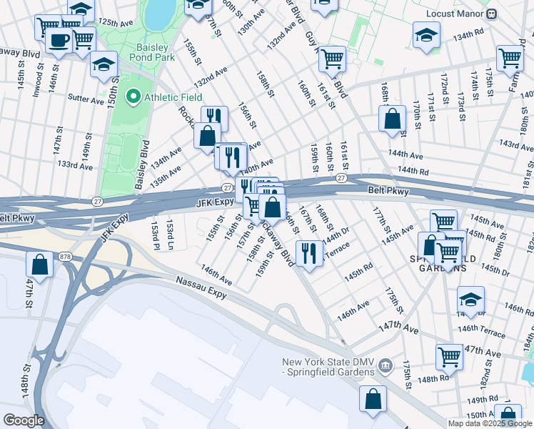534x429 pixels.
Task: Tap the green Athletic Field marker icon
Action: coord(133,97)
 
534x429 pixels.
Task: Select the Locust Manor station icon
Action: coord(491,14)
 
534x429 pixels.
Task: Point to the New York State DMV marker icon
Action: coord(386,367)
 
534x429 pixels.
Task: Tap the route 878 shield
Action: coord(65,256)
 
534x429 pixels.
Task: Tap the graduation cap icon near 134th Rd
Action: coord(425,34)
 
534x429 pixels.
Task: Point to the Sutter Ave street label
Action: coord(86,99)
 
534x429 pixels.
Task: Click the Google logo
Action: coord(24,420)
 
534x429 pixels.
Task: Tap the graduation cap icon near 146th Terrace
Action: coord(471,299)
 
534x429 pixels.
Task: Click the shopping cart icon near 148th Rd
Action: coord(449,355)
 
